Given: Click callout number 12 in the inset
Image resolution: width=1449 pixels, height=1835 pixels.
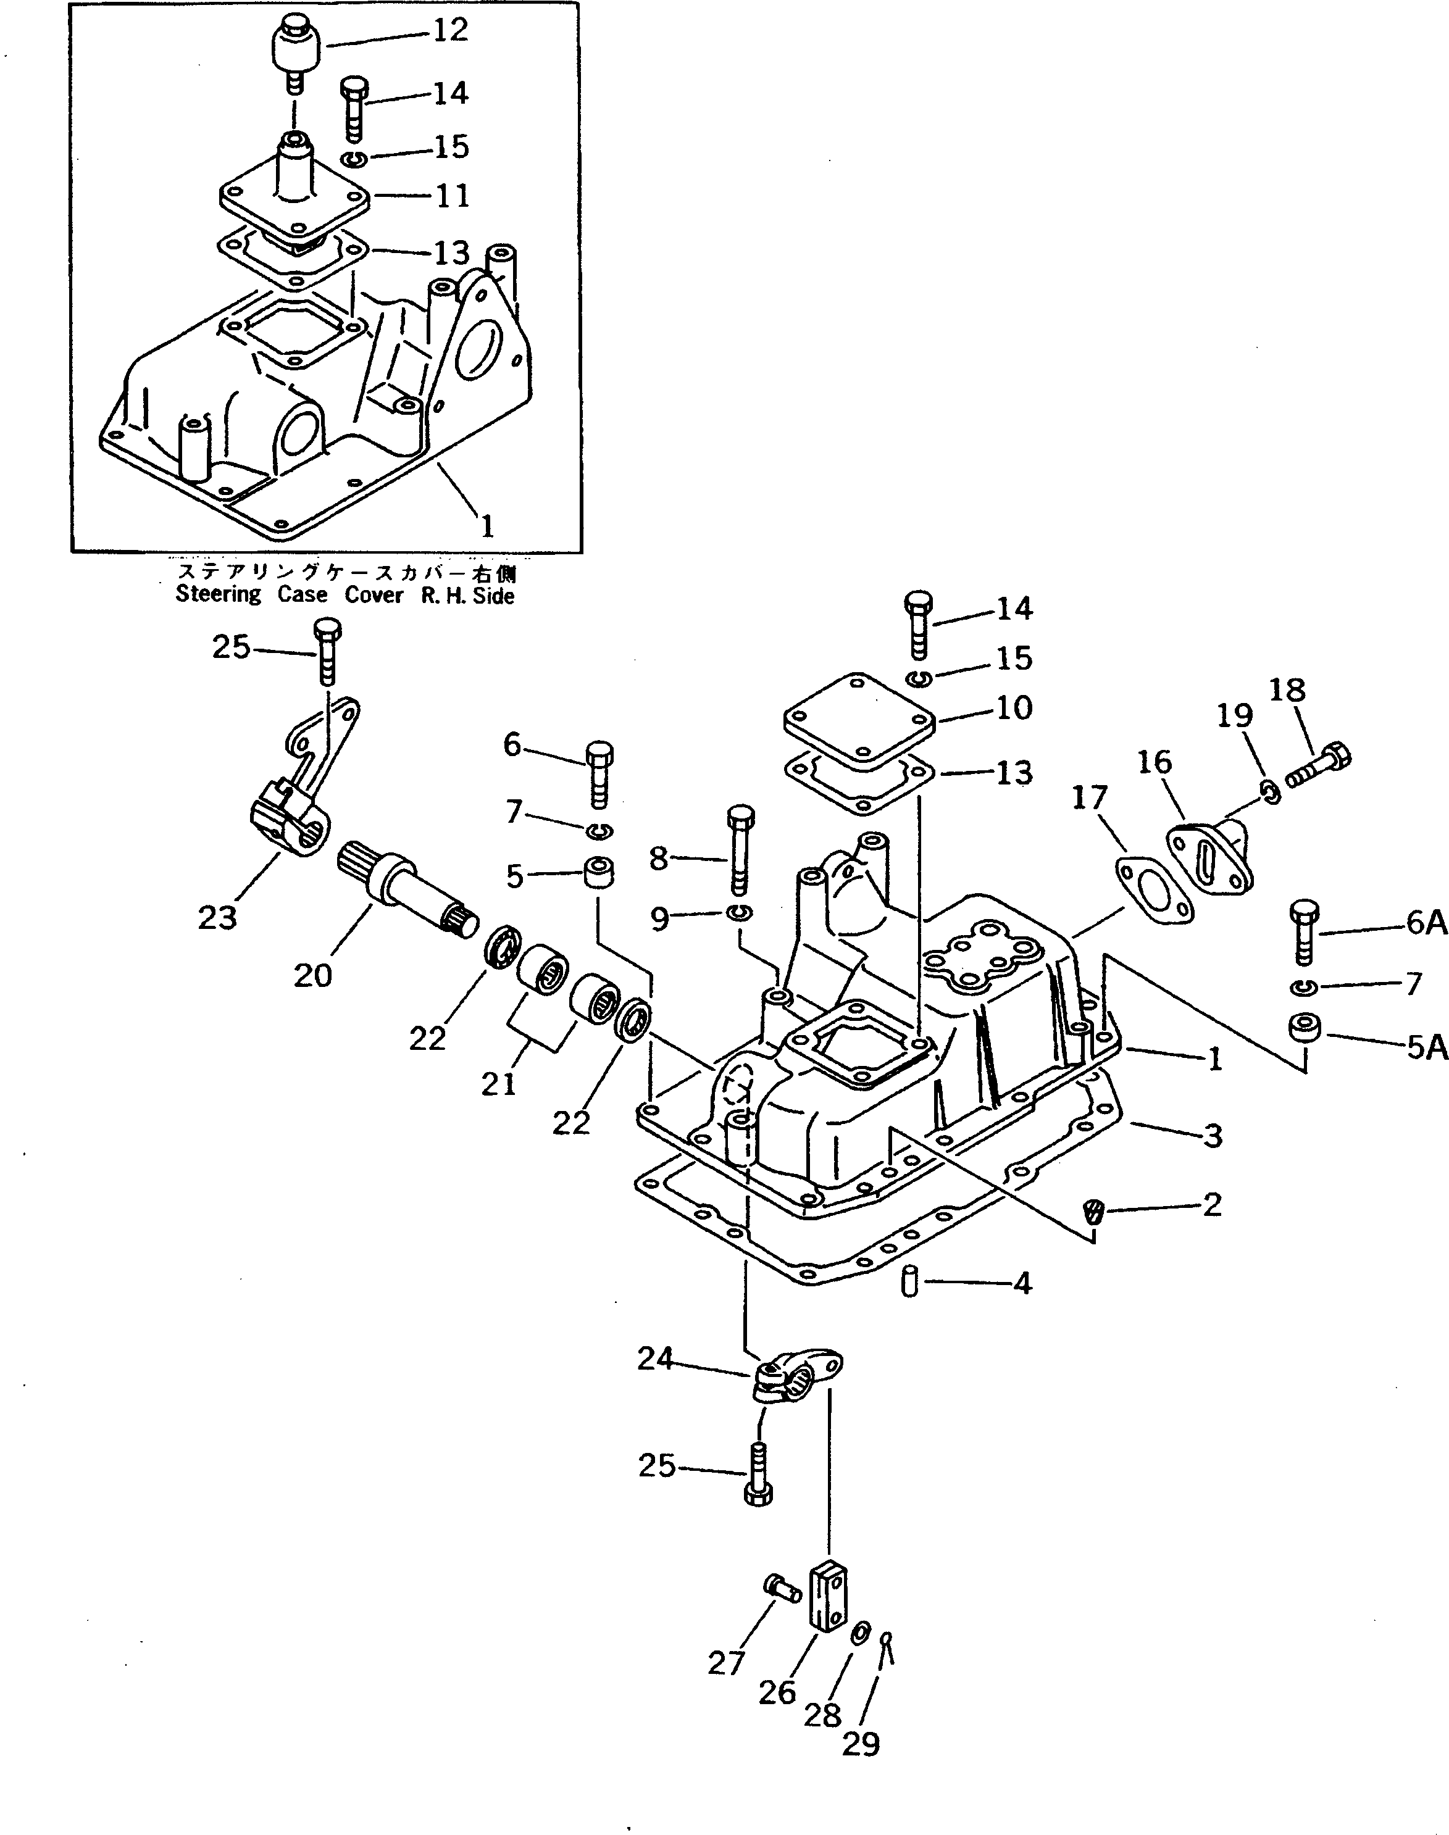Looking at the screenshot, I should pos(451,30).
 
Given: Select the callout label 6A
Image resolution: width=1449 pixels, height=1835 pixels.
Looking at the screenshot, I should pos(1426,923).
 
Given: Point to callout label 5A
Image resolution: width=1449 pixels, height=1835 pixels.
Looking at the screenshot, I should pos(1426,1048).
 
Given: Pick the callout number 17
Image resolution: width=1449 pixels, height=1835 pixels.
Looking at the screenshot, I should pos(1089,798).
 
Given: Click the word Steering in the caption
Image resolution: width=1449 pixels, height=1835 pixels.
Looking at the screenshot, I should pos(218,594).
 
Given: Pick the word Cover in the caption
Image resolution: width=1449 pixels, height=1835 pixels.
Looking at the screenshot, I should pos(374,594).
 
